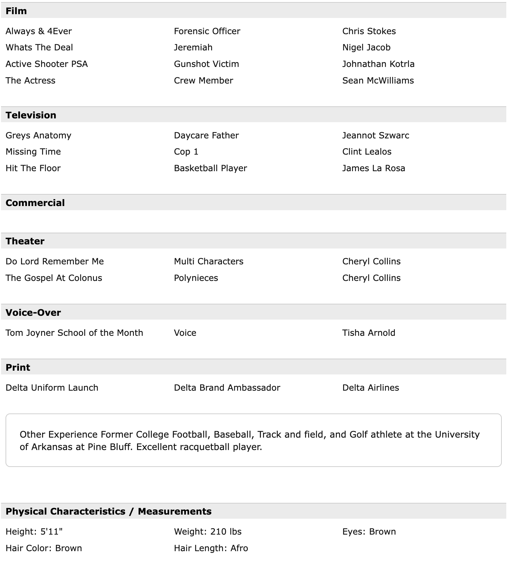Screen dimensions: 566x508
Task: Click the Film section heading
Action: [16, 11]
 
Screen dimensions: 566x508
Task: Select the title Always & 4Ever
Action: [39, 31]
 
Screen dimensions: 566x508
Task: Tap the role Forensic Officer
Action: [207, 31]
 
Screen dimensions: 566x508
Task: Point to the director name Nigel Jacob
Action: [366, 47]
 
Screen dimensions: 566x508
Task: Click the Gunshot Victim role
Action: [206, 64]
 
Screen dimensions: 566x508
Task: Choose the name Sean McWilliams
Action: [378, 80]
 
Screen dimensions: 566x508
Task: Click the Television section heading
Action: [31, 115]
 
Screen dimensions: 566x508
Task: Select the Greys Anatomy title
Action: [38, 135]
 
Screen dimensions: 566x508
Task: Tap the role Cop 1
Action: [186, 152]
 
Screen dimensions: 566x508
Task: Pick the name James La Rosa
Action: [373, 168]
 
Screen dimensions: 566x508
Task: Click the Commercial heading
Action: [35, 203]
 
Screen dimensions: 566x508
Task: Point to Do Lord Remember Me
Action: [55, 261]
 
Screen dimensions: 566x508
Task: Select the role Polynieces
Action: [196, 278]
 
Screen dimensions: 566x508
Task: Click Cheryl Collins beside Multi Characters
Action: [371, 261]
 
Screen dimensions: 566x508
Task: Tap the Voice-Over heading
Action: [33, 313]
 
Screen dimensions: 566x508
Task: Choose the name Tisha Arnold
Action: [369, 333]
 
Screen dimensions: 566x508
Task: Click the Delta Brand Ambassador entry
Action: [227, 388]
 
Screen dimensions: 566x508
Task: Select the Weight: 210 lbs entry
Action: [208, 531]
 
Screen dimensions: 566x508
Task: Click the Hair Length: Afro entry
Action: [211, 548]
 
